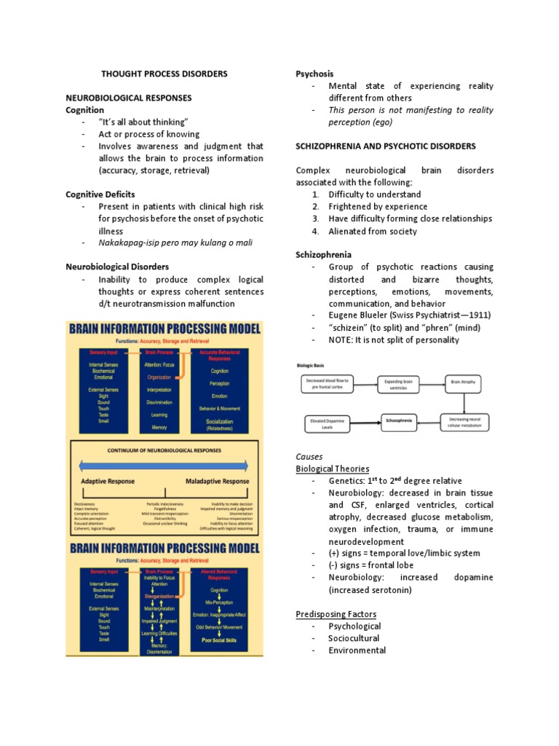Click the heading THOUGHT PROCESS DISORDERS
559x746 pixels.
click(164, 74)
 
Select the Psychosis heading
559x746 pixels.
click(314, 74)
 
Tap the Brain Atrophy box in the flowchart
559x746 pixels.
click(463, 381)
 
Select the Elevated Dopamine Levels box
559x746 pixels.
click(331, 423)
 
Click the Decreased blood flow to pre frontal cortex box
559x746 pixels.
click(328, 384)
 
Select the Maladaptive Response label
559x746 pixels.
click(217, 482)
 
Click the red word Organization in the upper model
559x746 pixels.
click(159, 377)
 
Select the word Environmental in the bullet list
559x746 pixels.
click(357, 651)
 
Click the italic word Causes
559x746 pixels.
click(310, 456)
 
